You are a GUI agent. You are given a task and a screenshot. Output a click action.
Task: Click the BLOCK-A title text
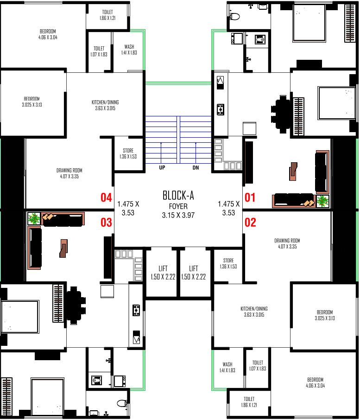click(178, 195)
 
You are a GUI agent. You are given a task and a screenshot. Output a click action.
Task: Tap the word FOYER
click(178, 206)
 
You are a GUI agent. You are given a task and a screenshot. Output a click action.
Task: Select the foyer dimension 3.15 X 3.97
click(178, 216)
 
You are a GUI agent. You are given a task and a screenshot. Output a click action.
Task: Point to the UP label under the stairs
click(162, 168)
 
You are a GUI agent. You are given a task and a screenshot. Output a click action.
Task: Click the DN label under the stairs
click(196, 168)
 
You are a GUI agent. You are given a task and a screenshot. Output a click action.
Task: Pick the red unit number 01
click(250, 197)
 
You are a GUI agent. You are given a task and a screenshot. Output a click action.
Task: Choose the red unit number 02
click(250, 223)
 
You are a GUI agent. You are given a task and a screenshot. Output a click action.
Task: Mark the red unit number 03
click(106, 223)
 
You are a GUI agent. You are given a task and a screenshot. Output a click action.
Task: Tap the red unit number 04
click(106, 197)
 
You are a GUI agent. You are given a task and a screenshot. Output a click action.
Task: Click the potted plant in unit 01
click(322, 201)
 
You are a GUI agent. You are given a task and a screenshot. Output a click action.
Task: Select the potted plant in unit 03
click(34, 218)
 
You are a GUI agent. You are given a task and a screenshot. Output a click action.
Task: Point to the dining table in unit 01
click(281, 114)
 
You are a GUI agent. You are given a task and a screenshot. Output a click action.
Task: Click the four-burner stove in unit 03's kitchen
click(136, 310)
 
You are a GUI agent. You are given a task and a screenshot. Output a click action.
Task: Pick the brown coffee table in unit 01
click(293, 172)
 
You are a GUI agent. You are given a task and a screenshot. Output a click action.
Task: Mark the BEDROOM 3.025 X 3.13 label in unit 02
click(325, 315)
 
